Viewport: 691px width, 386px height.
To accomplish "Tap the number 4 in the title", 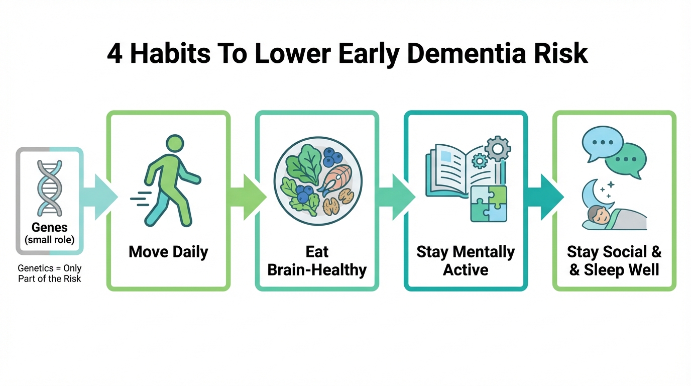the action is point(114,54).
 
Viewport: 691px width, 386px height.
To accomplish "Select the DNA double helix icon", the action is point(49,188).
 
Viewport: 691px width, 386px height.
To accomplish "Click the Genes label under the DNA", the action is point(49,227).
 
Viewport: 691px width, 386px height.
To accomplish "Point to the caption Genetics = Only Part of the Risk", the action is point(49,273).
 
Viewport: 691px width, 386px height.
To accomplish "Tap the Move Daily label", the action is point(168,252).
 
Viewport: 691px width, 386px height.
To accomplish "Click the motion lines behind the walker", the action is point(141,199).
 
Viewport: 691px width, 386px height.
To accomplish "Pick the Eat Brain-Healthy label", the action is point(317,261).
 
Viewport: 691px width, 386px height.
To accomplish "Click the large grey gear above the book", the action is point(498,149).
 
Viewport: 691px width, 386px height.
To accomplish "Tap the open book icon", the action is point(463,171).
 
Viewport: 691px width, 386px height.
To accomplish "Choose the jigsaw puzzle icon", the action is point(489,204).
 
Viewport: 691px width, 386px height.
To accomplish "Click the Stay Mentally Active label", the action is point(466,261).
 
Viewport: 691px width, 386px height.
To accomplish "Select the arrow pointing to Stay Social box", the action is point(545,197).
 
